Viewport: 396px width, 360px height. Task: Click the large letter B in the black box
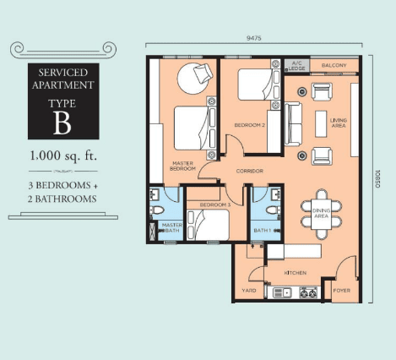(62, 123)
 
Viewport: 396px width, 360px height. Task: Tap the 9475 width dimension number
(253, 38)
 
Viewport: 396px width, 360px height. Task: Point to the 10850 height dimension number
(377, 179)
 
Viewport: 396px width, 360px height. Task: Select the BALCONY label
(334, 65)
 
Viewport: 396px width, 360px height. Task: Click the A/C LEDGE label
(297, 66)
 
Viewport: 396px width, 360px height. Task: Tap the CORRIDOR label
(250, 171)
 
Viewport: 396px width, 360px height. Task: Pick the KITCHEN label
(296, 273)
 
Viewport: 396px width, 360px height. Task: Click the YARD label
(249, 290)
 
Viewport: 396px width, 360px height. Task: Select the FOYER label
(342, 290)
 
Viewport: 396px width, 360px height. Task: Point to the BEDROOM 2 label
(250, 125)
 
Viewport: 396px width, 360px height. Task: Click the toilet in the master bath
(156, 210)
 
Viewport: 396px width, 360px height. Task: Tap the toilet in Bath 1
(274, 210)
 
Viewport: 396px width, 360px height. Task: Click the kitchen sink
(282, 293)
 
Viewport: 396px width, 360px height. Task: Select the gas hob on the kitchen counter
(308, 293)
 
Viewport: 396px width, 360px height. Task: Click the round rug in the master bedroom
(193, 79)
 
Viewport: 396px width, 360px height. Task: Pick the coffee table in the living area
(321, 124)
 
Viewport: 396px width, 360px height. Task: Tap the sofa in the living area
(293, 124)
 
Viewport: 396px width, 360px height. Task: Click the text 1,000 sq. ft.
(63, 155)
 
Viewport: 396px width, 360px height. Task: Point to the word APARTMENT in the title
(63, 85)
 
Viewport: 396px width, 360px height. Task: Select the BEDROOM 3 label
(215, 205)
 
